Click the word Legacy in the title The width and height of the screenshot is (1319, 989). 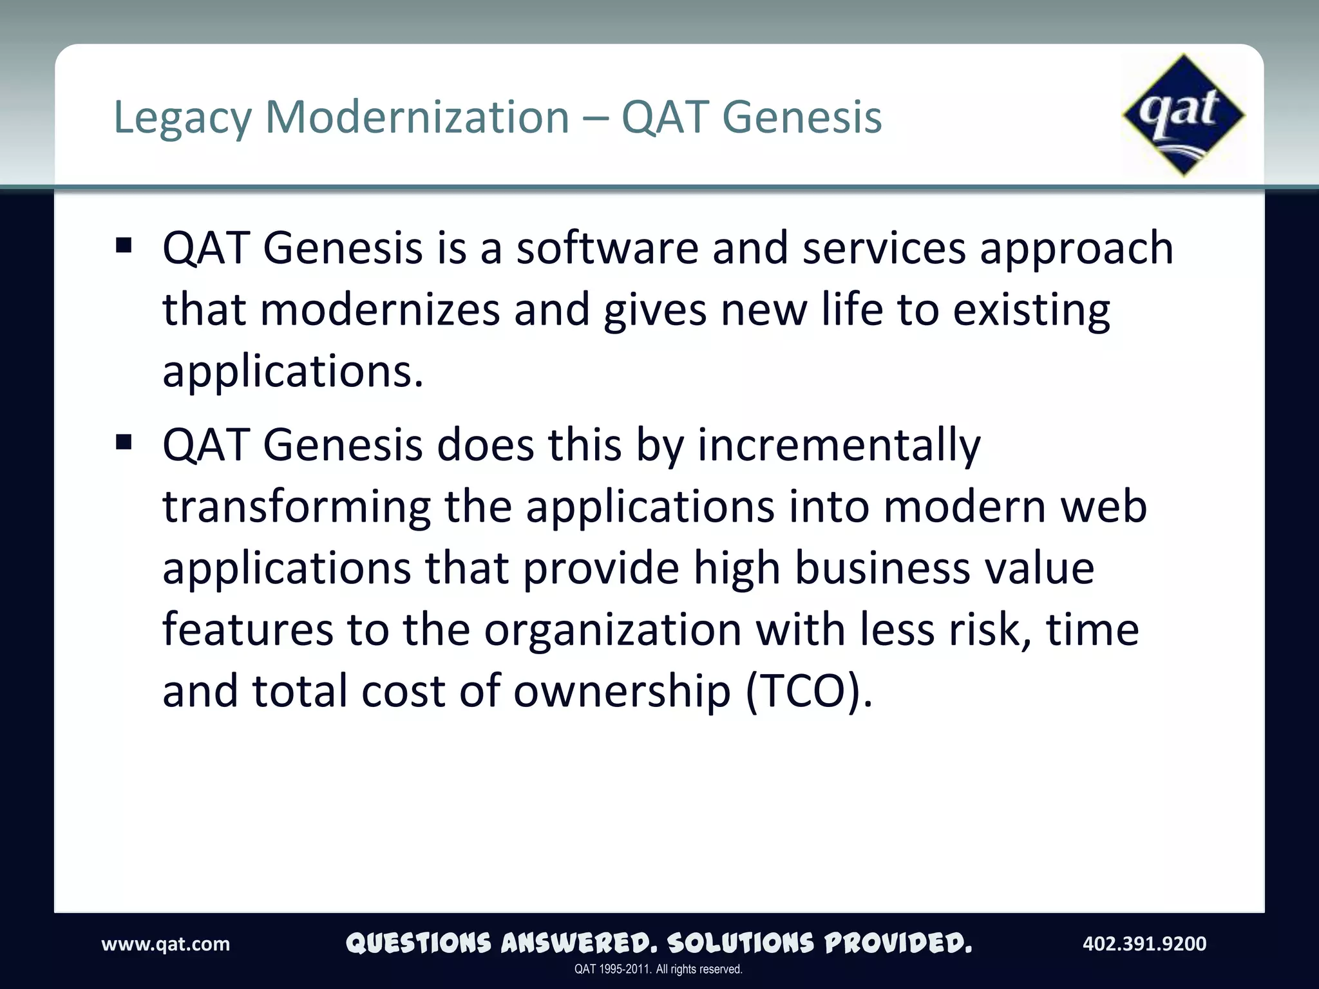click(182, 118)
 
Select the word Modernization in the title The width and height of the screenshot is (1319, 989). click(417, 117)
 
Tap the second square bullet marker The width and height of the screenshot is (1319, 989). click(124, 442)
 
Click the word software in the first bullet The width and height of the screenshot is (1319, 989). click(607, 248)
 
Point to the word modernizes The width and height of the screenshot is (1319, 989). click(380, 310)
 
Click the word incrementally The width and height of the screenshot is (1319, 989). click(839, 446)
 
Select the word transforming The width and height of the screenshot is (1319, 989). click(296, 507)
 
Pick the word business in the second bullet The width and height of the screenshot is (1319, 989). click(882, 568)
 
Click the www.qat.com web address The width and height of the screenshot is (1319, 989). click(166, 944)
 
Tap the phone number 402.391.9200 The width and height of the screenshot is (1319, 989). click(1144, 944)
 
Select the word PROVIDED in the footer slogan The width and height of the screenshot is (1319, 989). click(898, 944)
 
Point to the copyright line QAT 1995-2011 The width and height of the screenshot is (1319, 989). click(658, 969)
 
